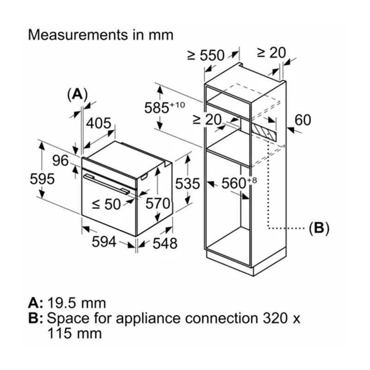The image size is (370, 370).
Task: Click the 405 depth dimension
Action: coord(99,123)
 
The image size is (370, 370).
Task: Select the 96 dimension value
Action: coord(61,160)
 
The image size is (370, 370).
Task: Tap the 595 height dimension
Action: coord(42,179)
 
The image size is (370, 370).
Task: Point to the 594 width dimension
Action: coord(104,241)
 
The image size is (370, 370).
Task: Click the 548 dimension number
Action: coord(165,243)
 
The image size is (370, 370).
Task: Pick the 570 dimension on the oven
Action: coord(158,203)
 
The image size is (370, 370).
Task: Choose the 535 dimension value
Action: coord(187,184)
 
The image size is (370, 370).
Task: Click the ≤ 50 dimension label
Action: coord(106,204)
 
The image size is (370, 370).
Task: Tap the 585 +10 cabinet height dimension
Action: coord(165,107)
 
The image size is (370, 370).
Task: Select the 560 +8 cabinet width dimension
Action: coord(239,183)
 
